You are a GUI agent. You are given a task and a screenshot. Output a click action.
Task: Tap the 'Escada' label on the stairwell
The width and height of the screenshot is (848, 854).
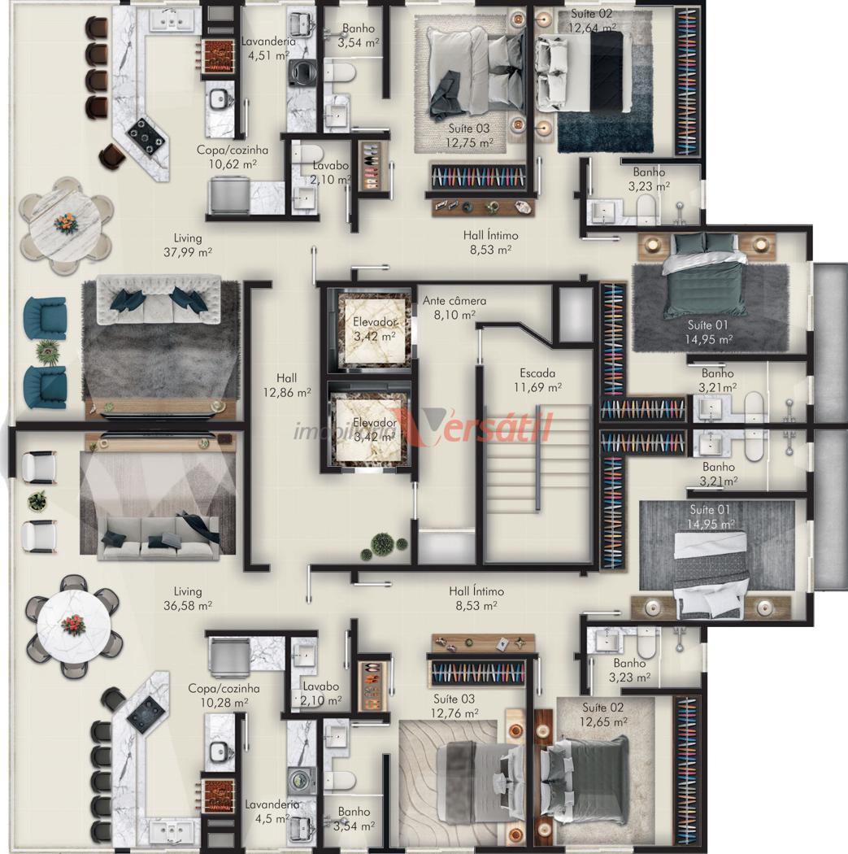537,373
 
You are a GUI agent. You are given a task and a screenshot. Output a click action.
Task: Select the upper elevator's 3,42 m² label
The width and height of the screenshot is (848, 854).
375,337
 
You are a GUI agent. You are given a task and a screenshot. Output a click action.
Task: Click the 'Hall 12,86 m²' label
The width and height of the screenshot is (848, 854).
287,385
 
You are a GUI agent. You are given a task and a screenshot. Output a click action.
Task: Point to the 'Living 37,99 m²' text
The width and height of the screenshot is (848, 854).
188,245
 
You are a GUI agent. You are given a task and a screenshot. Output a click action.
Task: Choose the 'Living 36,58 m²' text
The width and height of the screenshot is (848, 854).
188,598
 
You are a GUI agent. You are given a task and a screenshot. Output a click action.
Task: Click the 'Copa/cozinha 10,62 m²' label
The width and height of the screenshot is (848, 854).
233,157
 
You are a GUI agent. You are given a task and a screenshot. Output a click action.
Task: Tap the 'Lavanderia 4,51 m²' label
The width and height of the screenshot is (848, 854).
268,48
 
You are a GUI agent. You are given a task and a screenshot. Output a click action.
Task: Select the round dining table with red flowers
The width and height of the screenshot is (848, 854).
73,625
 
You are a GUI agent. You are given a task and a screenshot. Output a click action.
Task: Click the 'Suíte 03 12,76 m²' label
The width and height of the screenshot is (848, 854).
454,706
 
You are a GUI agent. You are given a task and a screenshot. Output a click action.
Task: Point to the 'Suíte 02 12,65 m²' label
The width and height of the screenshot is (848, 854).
603,715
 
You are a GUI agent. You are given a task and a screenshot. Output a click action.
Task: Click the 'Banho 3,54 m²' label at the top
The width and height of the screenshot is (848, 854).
358,36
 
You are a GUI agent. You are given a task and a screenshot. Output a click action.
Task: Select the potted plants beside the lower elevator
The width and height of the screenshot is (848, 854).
384,545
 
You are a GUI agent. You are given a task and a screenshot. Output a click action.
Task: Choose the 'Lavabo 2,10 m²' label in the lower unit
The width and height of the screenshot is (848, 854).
321,694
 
